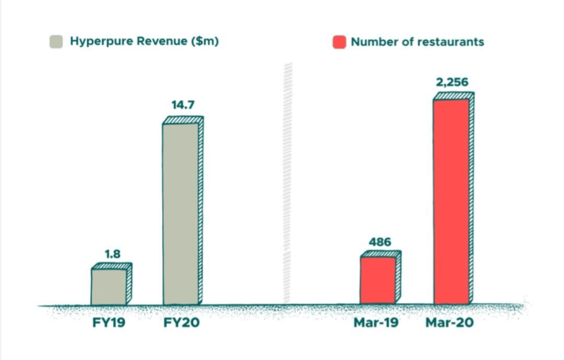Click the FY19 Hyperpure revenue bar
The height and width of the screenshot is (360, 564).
[109, 286]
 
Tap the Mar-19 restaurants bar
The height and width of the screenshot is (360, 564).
[378, 280]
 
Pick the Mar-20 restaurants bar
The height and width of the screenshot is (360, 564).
[451, 201]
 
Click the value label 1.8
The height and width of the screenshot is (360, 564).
[112, 255]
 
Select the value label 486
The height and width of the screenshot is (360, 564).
[380, 241]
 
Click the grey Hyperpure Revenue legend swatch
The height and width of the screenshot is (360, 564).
[56, 41]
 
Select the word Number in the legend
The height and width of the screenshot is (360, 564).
[373, 41]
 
